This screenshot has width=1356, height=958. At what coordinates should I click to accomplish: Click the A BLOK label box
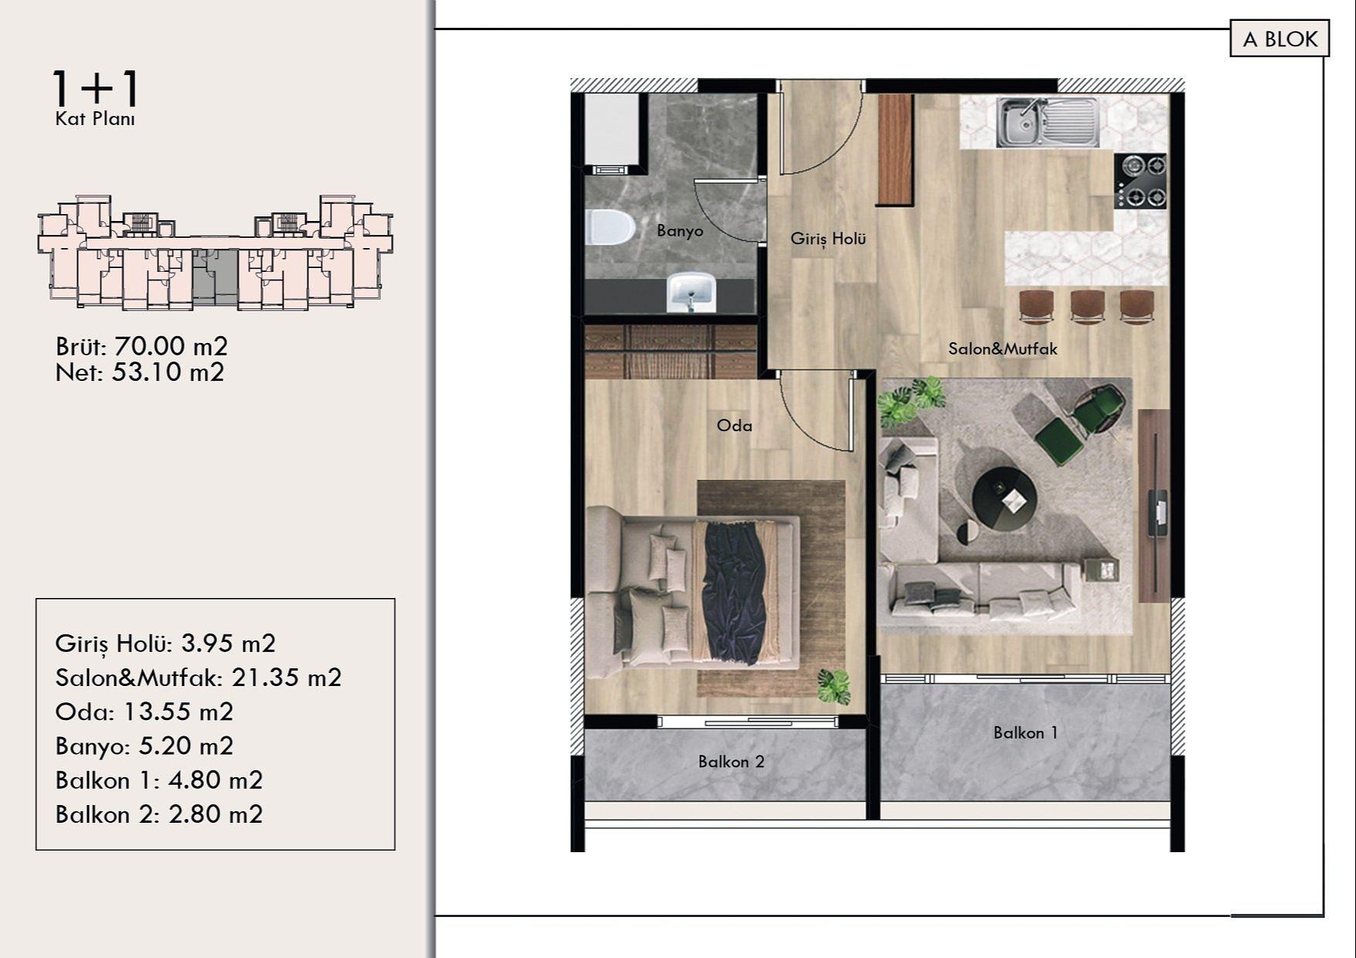1280,39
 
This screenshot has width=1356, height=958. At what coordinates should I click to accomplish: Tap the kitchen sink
1047,122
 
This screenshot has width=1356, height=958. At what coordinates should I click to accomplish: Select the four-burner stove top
1140,181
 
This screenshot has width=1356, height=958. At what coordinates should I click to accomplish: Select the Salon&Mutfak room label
1002,349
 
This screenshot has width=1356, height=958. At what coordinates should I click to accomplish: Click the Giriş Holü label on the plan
828,239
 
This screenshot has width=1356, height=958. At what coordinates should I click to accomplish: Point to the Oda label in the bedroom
734,426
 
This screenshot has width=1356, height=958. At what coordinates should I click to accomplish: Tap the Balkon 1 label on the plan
1025,732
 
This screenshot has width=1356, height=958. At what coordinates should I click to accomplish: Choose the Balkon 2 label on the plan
731,762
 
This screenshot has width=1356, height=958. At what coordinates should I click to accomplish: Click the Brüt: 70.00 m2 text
141,346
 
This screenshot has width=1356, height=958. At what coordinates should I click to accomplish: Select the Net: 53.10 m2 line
140,372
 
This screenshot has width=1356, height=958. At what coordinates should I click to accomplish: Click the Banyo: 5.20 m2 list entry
144,746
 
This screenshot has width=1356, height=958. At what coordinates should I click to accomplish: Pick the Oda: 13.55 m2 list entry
144,712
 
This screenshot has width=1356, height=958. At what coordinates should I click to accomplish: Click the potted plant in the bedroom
834,686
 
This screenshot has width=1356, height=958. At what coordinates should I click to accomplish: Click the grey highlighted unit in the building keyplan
214,274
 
